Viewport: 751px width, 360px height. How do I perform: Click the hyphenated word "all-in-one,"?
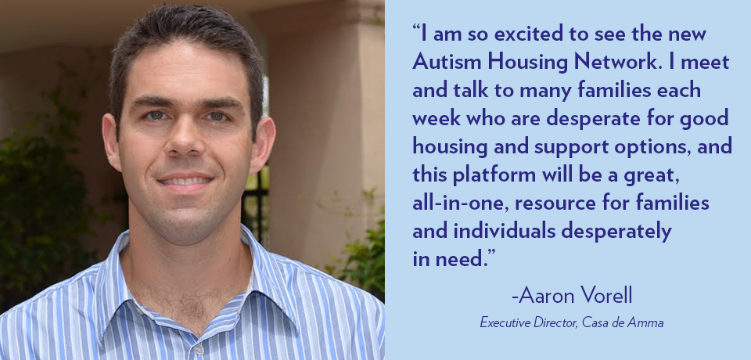[x=459, y=203]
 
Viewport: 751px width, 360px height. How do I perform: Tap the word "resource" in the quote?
[x=555, y=204]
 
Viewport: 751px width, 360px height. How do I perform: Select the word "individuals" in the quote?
[x=505, y=231]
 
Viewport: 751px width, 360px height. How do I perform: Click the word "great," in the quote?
[x=652, y=176]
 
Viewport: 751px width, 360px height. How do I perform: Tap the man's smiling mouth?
[x=186, y=182]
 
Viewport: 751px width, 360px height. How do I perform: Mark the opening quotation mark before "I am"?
[x=416, y=29]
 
